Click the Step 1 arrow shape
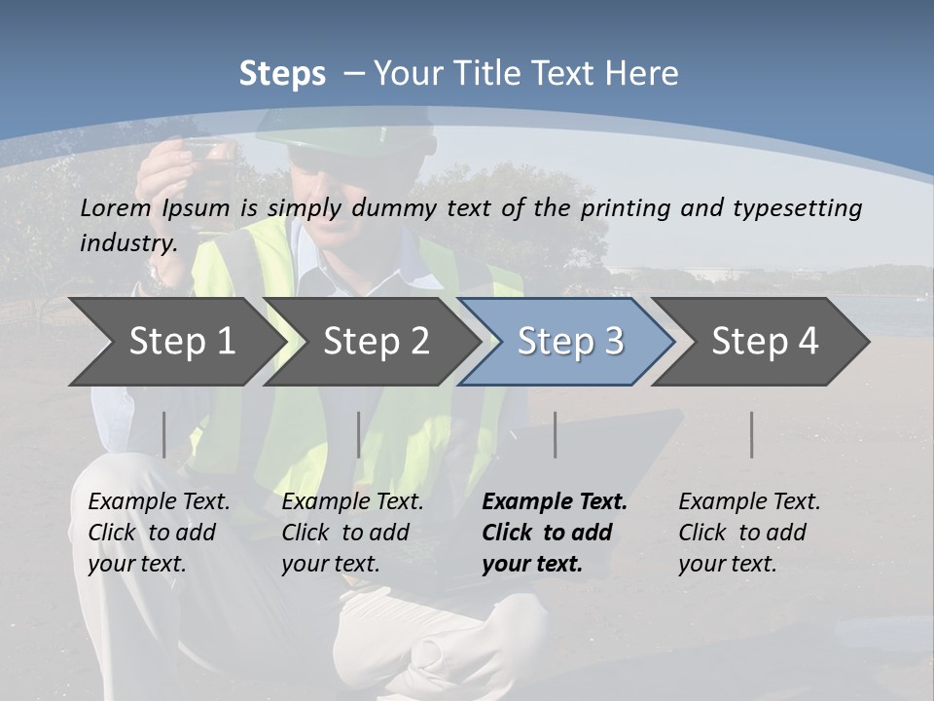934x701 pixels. (x=175, y=342)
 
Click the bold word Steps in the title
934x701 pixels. (x=282, y=74)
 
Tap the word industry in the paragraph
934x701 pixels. (x=128, y=242)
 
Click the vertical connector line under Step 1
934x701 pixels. (x=164, y=434)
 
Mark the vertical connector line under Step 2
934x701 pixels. (x=359, y=434)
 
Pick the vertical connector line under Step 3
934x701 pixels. (x=556, y=434)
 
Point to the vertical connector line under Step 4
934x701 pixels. (x=752, y=434)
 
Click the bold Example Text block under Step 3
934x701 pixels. (x=554, y=533)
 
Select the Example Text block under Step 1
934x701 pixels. (x=159, y=533)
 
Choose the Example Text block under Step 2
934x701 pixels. (x=352, y=533)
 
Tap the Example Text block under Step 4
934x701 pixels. (x=749, y=533)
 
